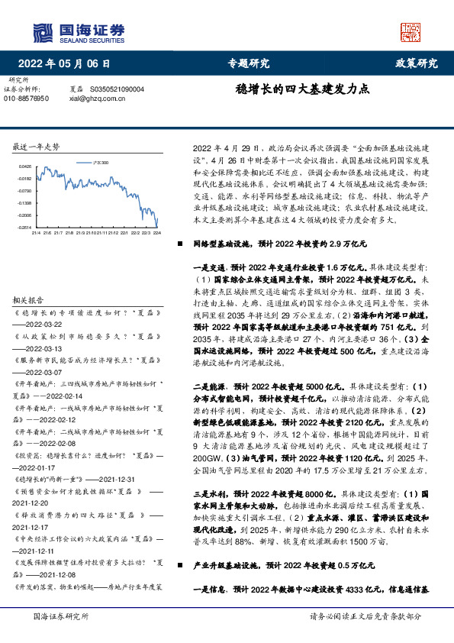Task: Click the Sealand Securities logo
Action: (77, 31)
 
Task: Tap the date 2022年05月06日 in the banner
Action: (69, 63)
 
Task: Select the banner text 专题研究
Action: (249, 63)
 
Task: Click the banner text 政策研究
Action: (416, 63)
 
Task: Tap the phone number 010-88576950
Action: (27, 99)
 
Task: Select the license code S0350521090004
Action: (117, 89)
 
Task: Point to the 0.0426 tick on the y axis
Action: (25, 166)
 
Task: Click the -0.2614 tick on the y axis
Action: (25, 227)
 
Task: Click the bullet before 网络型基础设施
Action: (180, 244)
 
